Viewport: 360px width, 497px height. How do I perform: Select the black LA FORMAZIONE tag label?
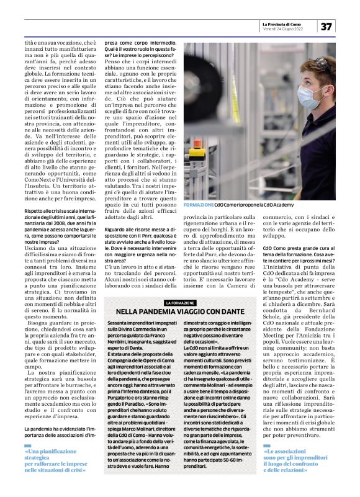coord(179,302)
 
